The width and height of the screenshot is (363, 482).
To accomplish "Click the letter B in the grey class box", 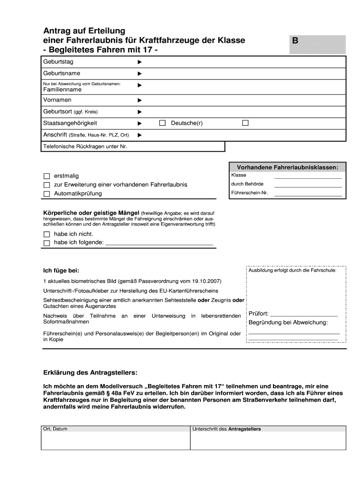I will pyautogui.click(x=295, y=41).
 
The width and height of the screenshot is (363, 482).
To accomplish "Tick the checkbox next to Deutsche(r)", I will pyautogui.click(x=163, y=123).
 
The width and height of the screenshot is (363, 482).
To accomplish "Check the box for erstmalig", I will pyautogui.click(x=46, y=176).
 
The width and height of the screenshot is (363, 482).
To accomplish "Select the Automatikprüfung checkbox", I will pyautogui.click(x=46, y=194).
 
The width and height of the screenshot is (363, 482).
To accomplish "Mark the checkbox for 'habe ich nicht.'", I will pyautogui.click(x=46, y=234).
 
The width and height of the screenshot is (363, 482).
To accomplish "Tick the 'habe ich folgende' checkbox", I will pyautogui.click(x=46, y=243).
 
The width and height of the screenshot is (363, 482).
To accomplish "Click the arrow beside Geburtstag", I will pyautogui.click(x=139, y=62).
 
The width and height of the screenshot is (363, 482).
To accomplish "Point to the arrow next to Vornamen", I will pyautogui.click(x=139, y=100).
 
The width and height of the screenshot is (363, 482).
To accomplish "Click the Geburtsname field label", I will pyautogui.click(x=62, y=73).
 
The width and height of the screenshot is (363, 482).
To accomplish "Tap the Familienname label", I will pyautogui.click(x=62, y=89).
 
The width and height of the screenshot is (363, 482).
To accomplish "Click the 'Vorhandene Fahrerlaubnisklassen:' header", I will pyautogui.click(x=287, y=167).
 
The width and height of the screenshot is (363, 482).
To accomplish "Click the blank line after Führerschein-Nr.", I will pyautogui.click(x=308, y=195).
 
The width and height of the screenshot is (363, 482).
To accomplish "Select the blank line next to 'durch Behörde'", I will pyautogui.click(x=308, y=186).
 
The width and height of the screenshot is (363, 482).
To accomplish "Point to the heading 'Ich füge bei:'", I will pyautogui.click(x=61, y=271).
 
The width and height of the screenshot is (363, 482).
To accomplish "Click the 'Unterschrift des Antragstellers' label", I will pyautogui.click(x=227, y=429).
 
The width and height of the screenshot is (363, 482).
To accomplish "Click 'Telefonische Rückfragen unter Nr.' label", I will pyautogui.click(x=85, y=147).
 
